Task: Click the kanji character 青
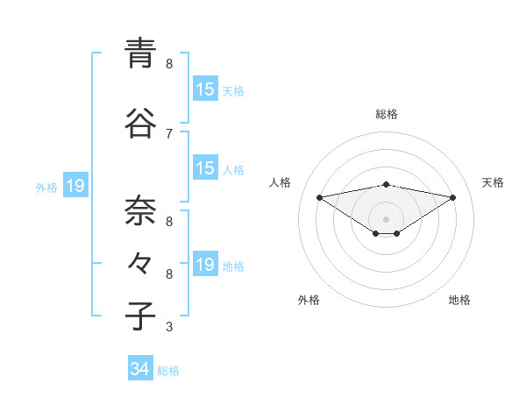click(x=141, y=54)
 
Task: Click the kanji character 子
click(x=141, y=316)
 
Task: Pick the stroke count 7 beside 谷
click(x=169, y=133)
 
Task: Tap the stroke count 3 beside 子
click(x=169, y=327)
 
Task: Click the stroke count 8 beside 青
click(x=169, y=64)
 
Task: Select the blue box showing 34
click(x=140, y=369)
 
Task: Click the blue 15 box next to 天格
click(x=205, y=89)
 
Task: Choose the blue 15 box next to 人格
click(x=205, y=168)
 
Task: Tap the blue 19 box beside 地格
click(x=205, y=265)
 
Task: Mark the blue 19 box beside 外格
click(x=75, y=186)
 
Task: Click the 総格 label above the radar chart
click(x=387, y=114)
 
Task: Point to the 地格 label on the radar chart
click(x=459, y=300)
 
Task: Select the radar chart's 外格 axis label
click(x=309, y=300)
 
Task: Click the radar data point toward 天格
click(x=453, y=197)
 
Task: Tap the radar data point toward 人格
click(x=319, y=197)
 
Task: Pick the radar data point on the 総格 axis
click(x=387, y=184)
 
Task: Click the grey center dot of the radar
click(x=387, y=218)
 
